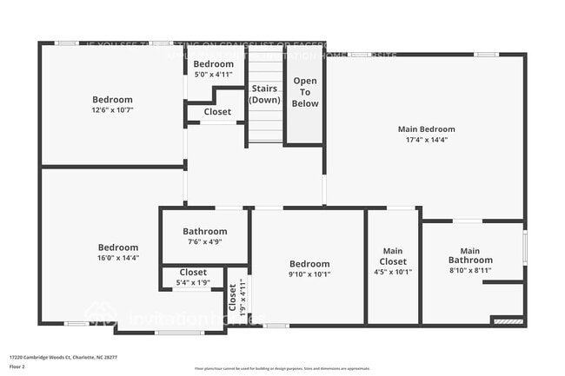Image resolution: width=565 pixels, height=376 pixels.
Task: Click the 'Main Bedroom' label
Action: tap(426, 129)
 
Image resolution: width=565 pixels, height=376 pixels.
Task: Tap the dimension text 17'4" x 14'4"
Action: tap(426, 140)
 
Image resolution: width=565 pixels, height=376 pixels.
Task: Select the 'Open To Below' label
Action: tap(305, 92)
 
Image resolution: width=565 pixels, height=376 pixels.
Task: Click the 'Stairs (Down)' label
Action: tap(264, 95)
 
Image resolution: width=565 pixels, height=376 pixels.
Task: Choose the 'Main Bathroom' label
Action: tap(470, 255)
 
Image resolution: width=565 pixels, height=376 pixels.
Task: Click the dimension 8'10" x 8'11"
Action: tap(470, 271)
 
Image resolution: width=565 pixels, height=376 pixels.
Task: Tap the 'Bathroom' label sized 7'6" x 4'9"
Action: tap(205, 232)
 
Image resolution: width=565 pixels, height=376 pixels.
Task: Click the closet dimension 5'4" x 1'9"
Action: tap(193, 283)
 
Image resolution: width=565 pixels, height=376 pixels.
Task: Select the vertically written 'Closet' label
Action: tap(232, 298)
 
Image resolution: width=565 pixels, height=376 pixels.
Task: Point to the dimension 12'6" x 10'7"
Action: tap(112, 110)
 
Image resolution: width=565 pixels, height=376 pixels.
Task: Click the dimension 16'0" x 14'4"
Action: tap(117, 258)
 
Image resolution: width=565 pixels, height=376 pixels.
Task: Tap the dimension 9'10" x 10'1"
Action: tap(309, 274)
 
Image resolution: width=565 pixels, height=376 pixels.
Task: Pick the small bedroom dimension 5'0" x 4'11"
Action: tap(213, 75)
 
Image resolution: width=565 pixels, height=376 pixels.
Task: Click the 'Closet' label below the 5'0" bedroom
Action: tap(217, 112)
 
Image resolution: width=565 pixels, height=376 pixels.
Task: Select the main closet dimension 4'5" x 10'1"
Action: tap(393, 272)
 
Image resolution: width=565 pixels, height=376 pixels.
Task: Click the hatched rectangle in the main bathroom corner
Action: tap(508, 321)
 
